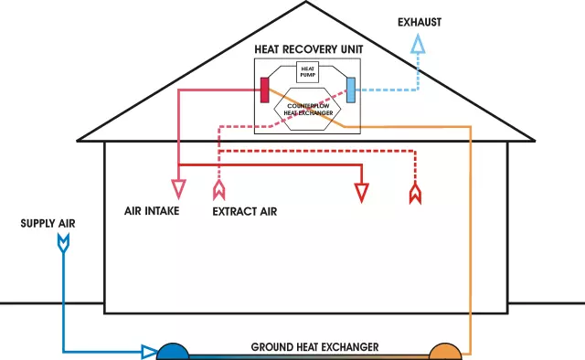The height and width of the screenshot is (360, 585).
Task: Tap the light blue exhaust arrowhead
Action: click(x=417, y=45)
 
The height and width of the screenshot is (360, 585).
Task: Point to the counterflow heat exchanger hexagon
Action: click(x=308, y=109)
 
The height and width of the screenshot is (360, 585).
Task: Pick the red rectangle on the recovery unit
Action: click(x=264, y=89)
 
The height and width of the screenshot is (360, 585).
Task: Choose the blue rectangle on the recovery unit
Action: click(x=351, y=89)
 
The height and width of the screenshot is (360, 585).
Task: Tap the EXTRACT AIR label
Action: click(x=244, y=211)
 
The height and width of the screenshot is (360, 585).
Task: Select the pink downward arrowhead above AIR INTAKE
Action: click(x=179, y=190)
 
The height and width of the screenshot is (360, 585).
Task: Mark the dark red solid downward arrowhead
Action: click(x=363, y=193)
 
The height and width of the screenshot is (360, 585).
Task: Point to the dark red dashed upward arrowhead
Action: click(x=416, y=193)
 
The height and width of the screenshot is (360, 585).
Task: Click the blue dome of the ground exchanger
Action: click(x=173, y=352)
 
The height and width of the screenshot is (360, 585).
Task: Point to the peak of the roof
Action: click(x=306, y=4)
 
